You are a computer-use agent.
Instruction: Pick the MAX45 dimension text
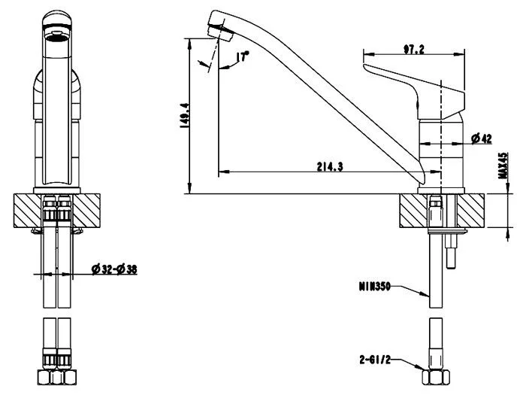pyautogui.click(x=500, y=167)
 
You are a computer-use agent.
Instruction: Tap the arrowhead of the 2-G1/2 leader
pyautogui.click(x=422, y=369)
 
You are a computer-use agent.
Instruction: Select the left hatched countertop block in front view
pyautogui.click(x=28, y=211)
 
